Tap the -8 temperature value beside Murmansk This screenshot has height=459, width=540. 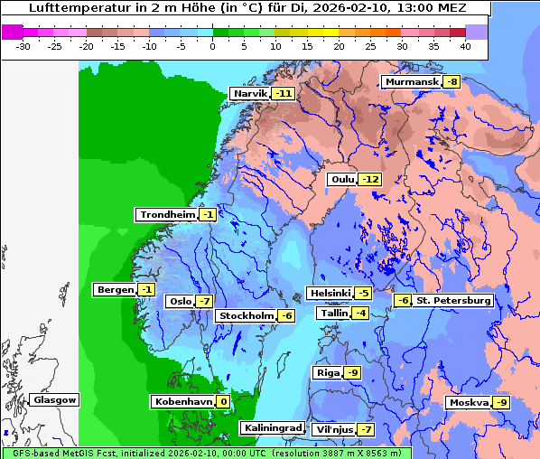tap(451, 82)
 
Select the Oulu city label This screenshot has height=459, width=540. tap(342, 179)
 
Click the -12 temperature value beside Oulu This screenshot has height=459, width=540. tap(369, 179)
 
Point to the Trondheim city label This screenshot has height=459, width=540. tap(167, 215)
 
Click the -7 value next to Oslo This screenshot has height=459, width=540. tap(204, 302)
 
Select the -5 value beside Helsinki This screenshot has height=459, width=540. tap(362, 293)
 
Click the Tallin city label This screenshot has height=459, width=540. tap(333, 313)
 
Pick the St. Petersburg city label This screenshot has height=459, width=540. tap(453, 300)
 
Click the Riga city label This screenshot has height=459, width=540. tap(328, 372)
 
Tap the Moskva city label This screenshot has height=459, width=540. tap(469, 402)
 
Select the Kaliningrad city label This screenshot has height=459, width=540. tap(272, 427)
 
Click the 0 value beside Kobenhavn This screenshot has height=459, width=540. tap(222, 401)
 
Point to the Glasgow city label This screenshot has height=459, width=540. tap(54, 399)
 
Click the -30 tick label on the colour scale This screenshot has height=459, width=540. tap(23, 45)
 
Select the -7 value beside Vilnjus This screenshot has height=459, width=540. tap(365, 429)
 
